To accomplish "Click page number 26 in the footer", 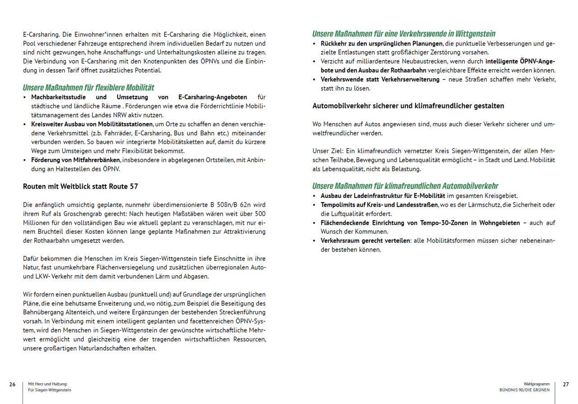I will click(13, 384).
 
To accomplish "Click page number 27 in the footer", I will click(566, 384).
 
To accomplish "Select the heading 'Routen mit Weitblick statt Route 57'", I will click(80, 186).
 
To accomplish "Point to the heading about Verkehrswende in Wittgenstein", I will click(404, 34).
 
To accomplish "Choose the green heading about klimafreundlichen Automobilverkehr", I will click(405, 186).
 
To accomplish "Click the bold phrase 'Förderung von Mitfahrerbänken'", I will click(75, 160).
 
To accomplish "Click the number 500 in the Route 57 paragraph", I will click(261, 214).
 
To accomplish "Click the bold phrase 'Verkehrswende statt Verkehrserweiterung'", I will click(380, 79).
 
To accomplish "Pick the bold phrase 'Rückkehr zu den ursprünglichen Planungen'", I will click(382, 44).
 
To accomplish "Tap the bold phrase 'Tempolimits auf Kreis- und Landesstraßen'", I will click(379, 205).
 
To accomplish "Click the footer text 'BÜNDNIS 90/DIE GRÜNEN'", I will click(524, 390).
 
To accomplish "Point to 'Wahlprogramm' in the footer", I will click(536, 384).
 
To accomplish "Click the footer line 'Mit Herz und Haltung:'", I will click(48, 384).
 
